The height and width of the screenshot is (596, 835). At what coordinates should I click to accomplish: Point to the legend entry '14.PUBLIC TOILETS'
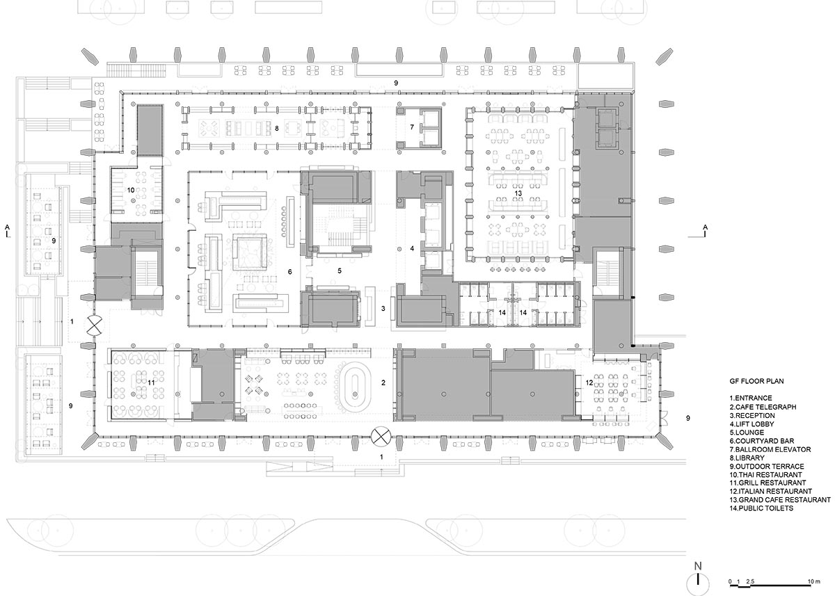coord(753,508)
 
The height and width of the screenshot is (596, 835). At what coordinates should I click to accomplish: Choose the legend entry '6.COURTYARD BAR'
coord(751,440)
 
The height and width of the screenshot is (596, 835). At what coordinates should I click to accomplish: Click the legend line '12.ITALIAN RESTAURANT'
coord(761,491)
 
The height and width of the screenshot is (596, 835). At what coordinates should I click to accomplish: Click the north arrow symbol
coord(697,581)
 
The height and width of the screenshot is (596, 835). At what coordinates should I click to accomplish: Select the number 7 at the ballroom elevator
coord(412,127)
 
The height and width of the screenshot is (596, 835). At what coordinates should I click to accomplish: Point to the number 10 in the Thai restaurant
coord(130,189)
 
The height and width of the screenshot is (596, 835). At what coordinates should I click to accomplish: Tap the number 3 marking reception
coord(383,307)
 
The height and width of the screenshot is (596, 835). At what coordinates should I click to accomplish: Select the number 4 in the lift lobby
coord(412,248)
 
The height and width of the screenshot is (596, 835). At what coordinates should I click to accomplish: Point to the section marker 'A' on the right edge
coord(706,227)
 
